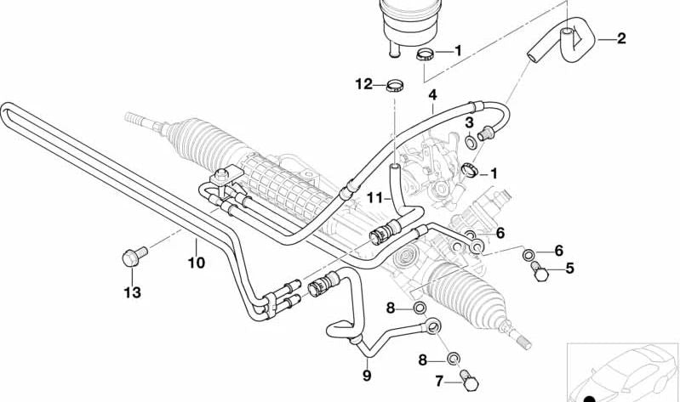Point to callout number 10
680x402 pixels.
tap(196, 263)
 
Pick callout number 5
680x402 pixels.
tap(569, 269)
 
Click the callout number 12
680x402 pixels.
tap(364, 83)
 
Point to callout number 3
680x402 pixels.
tap(469, 123)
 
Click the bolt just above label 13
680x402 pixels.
tap(134, 252)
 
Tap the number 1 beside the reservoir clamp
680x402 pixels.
tap(457, 51)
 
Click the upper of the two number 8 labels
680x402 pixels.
tap(391, 307)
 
